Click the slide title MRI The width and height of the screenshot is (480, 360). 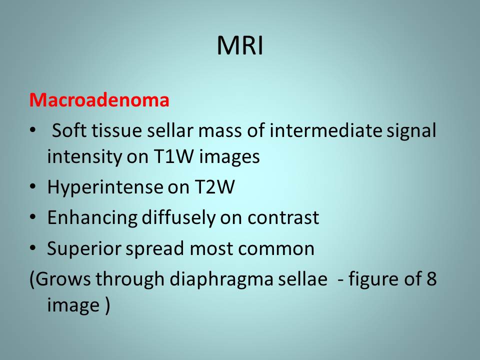[x=240, y=45]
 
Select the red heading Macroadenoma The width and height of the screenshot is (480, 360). [x=99, y=100]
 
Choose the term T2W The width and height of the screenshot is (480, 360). [x=214, y=186]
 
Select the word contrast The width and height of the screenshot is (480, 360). [x=283, y=218]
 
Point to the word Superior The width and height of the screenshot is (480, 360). [x=84, y=248]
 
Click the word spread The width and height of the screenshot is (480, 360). [x=155, y=248]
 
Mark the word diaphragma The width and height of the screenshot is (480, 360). [x=221, y=279]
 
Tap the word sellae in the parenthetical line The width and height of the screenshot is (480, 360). [x=302, y=278]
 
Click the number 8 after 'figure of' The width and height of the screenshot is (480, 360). [x=431, y=278]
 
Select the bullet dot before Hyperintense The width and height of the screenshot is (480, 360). [x=33, y=186]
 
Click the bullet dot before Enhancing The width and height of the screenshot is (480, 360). [x=33, y=217]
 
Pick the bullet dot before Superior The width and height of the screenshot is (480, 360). [x=33, y=247]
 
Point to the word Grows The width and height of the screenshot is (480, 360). [x=63, y=279]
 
